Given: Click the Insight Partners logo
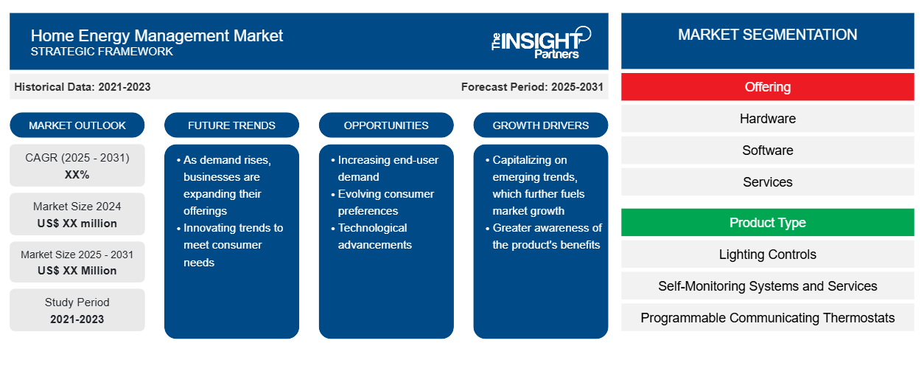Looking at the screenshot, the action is (541, 42).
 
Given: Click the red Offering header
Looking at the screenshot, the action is (767, 87).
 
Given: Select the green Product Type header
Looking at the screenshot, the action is (767, 222).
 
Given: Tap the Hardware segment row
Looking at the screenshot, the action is (767, 119).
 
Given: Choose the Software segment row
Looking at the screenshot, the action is (767, 150).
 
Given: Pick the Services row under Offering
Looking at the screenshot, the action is (767, 181).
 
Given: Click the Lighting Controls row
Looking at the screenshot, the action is (767, 254).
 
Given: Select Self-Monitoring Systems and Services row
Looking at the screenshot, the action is (767, 286).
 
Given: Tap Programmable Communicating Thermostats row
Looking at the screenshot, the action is (767, 317).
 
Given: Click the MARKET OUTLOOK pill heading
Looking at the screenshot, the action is (77, 125).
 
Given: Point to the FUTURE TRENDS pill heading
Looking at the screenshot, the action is (231, 125).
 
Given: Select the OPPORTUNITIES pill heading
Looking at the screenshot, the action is (386, 125).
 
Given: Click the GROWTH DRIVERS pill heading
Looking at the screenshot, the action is (540, 125).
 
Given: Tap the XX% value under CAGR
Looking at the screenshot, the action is (77, 175).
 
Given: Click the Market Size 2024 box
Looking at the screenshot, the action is (77, 214).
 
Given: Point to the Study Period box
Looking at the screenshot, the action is (77, 310).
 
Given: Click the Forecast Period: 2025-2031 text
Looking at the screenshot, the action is (532, 87).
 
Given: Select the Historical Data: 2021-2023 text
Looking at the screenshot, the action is (82, 87).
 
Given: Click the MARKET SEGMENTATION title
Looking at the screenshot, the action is (767, 35).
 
